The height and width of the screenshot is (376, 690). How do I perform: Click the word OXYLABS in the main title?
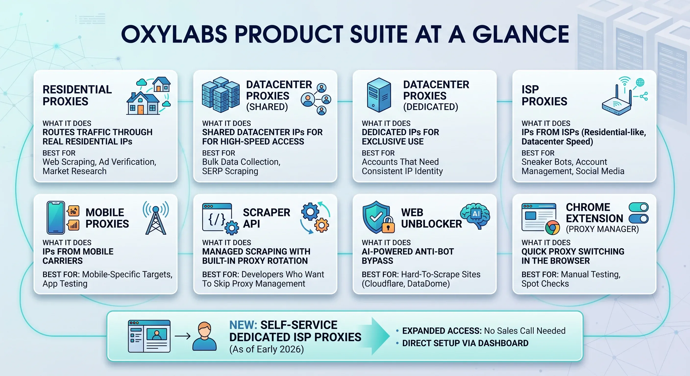174,34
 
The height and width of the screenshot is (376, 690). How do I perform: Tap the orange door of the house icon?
141,109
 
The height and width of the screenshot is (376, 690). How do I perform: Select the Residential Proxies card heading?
77,95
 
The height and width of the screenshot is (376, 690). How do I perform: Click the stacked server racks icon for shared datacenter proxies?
221,94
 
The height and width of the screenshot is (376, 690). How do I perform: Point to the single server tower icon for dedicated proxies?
379,95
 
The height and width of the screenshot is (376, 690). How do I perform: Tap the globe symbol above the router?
640,82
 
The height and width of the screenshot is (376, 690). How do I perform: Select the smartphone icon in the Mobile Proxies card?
56,218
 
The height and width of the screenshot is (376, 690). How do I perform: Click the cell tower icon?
156,218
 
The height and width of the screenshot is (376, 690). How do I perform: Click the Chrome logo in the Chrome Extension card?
552,228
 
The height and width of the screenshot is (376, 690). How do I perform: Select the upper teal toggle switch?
639,207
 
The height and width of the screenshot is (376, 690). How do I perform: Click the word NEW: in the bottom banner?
243,325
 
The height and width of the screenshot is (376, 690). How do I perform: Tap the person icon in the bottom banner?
204,336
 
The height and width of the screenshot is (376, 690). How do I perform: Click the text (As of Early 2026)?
267,349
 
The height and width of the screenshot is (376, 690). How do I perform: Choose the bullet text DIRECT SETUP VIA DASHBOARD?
465,343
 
